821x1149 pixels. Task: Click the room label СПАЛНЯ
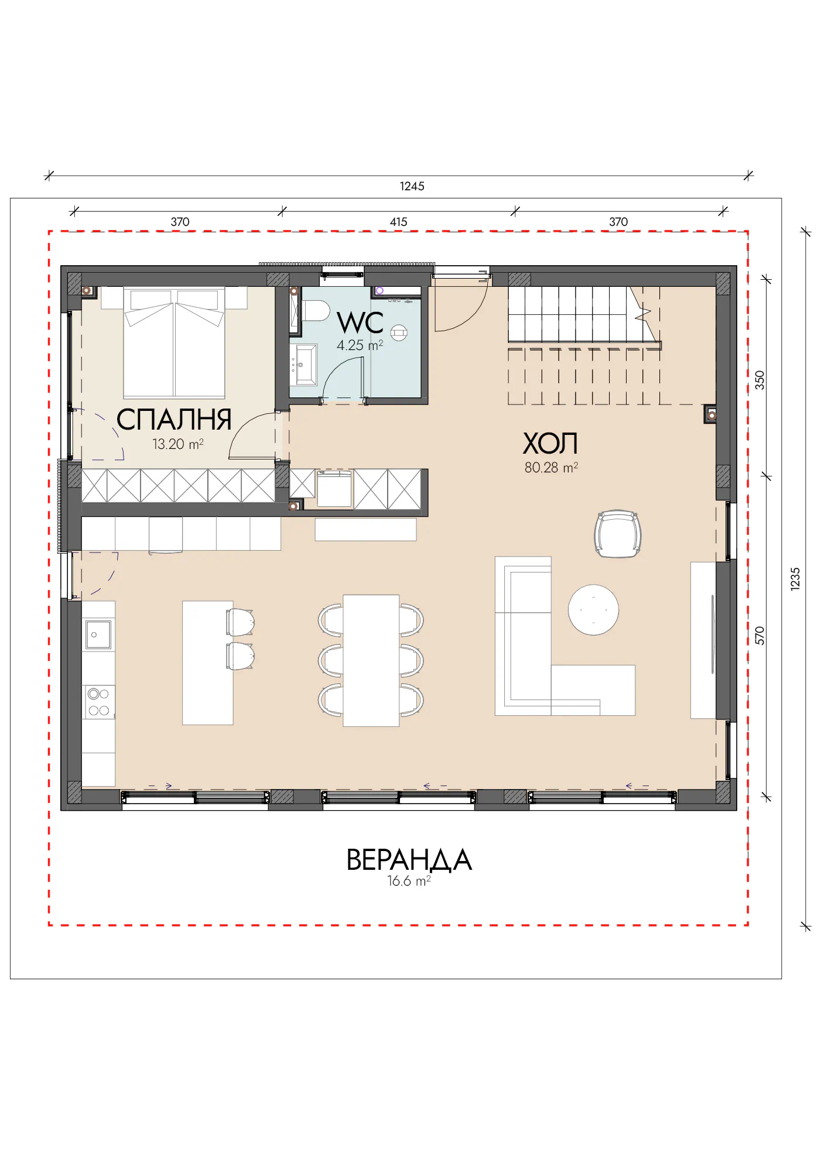point(174,420)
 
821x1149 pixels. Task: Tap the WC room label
point(360,323)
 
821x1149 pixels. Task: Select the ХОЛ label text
point(550,443)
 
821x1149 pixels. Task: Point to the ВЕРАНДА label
point(409,860)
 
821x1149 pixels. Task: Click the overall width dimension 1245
point(412,186)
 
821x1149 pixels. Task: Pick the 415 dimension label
point(399,222)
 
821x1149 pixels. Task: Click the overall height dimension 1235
point(795,579)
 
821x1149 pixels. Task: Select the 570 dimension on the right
point(760,636)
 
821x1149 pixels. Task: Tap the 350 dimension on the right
point(760,380)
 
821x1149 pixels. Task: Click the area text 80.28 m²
point(551,468)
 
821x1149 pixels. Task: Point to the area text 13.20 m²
point(178,444)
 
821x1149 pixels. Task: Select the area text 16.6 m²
point(409,881)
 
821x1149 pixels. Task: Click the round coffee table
point(593,610)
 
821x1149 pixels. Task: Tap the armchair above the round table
point(618,534)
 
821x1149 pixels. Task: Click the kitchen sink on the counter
point(98,634)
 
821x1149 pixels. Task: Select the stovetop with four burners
point(98,702)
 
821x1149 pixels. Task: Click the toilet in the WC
point(315,311)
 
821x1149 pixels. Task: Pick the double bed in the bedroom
point(175,342)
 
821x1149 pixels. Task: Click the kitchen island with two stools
point(208,663)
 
